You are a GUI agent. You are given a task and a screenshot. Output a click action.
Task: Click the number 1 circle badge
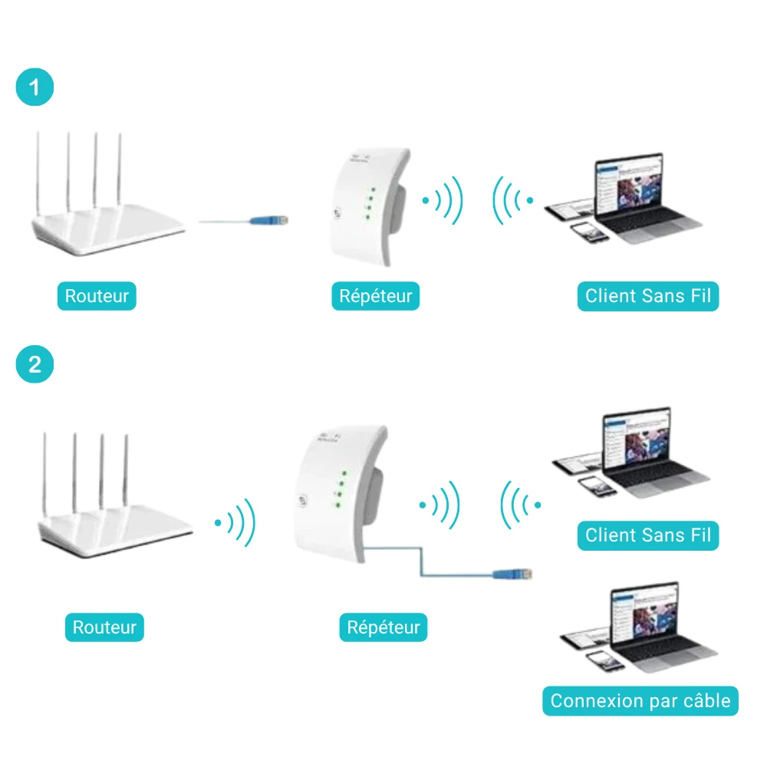click(35, 87)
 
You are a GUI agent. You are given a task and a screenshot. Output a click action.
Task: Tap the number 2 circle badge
click(35, 364)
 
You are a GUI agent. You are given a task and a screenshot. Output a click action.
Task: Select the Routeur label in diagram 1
click(97, 296)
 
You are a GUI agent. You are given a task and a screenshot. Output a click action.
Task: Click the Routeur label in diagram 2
click(104, 627)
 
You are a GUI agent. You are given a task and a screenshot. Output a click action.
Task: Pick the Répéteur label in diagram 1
click(376, 296)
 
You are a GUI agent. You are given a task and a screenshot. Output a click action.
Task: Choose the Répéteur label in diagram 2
click(383, 627)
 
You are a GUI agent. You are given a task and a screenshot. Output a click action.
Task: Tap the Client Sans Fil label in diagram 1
click(648, 296)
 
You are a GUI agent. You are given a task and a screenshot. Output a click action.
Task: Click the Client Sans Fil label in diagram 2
click(648, 535)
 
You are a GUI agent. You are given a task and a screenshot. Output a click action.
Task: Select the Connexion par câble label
click(640, 701)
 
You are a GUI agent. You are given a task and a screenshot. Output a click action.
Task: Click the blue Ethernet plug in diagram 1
click(269, 221)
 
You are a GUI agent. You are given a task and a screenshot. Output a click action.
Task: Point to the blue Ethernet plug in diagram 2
click(512, 574)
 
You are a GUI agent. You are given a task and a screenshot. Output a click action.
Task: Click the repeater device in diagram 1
click(370, 207)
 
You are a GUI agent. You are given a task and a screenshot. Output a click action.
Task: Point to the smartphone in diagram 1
click(589, 232)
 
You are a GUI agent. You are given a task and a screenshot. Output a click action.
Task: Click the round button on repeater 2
click(302, 500)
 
